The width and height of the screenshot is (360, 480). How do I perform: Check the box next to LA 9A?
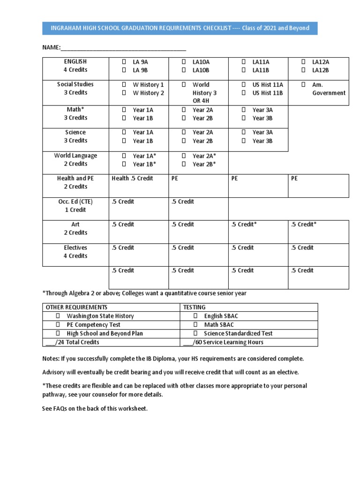point(124,62)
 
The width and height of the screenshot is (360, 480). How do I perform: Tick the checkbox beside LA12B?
point(303,70)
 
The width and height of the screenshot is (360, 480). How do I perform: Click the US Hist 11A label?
point(268,85)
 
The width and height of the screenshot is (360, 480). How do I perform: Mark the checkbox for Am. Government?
point(303,85)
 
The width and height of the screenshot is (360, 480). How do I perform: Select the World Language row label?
point(75,159)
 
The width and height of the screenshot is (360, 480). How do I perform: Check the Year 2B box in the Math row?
point(184,118)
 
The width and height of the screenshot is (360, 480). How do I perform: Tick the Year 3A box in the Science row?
point(244,133)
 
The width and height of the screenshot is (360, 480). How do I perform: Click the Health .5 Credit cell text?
point(132,179)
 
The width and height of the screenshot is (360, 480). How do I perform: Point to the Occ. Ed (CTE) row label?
point(75,206)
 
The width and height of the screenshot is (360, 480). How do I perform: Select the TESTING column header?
point(195,307)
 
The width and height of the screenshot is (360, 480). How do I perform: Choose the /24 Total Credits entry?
point(72,342)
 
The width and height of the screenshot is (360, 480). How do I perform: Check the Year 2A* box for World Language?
point(184,156)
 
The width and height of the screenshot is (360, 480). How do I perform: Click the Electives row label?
point(75,252)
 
